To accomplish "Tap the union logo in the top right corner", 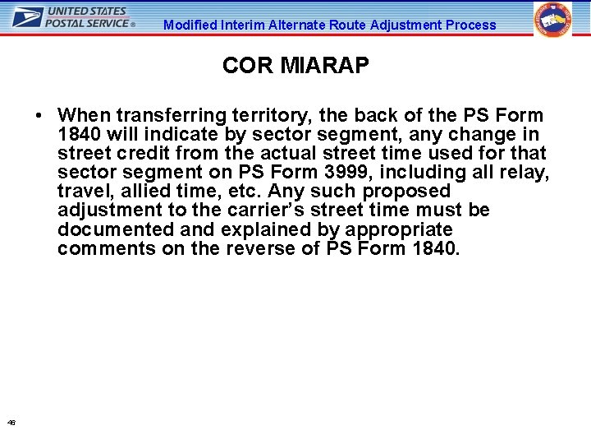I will coord(553,21).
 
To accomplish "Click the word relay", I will coord(526,172).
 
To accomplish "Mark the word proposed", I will coord(406,191).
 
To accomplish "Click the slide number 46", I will coord(11,422).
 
